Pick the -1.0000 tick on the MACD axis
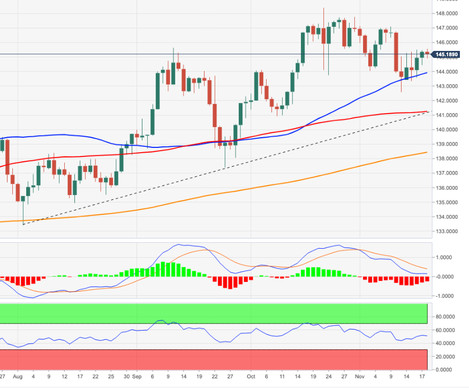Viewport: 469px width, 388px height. pos(445,296)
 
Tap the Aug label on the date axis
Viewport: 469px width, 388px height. pos(17,377)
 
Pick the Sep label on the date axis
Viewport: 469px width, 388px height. pos(137,377)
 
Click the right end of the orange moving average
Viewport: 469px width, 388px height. pos(427,152)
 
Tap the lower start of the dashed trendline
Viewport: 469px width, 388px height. pos(24,225)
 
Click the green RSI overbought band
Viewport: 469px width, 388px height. pos(214,314)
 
